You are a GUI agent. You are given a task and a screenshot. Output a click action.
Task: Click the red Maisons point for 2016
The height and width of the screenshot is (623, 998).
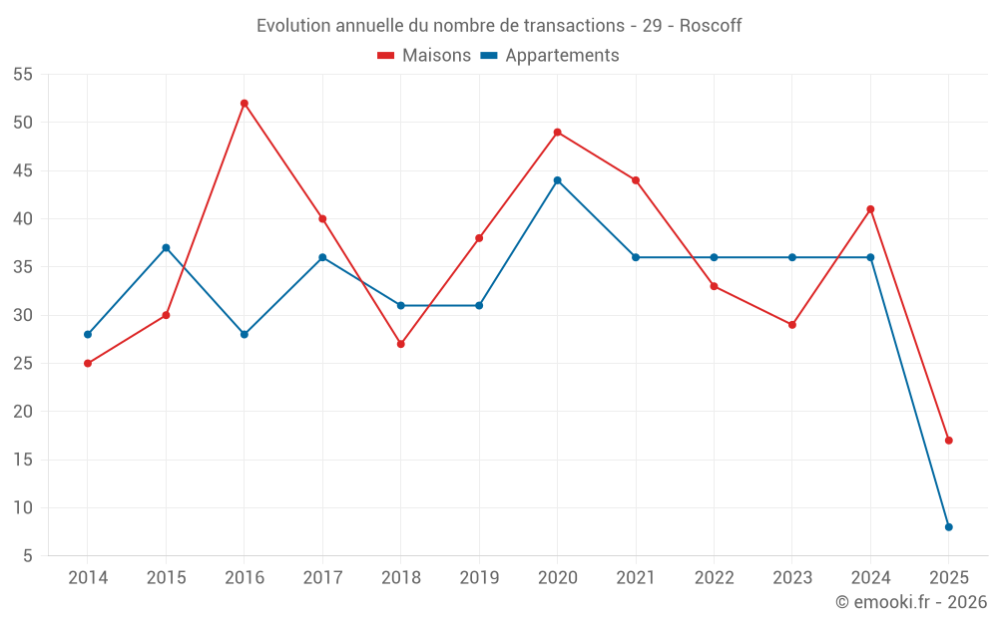pos(245,104)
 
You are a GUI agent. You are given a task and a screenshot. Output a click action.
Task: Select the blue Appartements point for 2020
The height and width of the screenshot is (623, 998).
pos(558,180)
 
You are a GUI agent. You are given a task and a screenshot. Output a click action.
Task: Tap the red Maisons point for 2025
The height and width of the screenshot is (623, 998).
pos(949,441)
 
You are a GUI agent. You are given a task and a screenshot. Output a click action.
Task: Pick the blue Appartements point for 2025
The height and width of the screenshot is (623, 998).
pos(949,527)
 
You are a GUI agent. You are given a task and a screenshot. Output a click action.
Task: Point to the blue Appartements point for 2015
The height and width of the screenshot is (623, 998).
pos(166,248)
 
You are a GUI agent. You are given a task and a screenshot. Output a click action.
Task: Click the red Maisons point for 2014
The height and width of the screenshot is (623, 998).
pos(88,364)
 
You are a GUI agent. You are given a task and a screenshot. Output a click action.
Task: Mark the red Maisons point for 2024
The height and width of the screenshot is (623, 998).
pos(870,209)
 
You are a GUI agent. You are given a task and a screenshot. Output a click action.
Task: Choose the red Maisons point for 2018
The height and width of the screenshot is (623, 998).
pos(401,344)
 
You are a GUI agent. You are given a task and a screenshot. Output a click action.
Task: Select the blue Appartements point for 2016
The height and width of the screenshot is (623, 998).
pos(245,335)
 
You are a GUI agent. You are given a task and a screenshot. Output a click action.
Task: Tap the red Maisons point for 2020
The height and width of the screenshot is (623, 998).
pos(558,133)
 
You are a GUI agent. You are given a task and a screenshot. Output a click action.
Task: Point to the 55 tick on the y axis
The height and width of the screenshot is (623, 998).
pos(23,75)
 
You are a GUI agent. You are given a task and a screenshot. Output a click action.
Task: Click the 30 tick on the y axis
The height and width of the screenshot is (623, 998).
pos(23,315)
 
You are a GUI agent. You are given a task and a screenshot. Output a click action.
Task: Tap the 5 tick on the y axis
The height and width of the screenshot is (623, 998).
pos(28,556)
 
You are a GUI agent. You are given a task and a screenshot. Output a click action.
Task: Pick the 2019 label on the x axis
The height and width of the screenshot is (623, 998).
pos(479,578)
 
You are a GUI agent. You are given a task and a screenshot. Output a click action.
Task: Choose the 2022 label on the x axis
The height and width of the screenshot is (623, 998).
pos(714,578)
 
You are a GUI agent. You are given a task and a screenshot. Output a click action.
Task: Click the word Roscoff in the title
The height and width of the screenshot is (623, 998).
pos(711,26)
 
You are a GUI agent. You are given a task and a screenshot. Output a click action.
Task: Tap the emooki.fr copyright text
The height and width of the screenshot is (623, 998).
pos(911,602)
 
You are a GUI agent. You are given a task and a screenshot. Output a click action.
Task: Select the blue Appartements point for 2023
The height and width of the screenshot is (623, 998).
pos(792,257)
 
